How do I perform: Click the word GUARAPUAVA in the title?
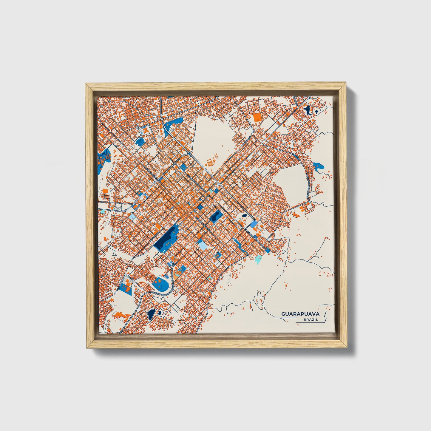300,314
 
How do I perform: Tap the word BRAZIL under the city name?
310,320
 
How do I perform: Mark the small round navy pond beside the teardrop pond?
160,313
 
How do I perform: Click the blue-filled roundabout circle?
189,153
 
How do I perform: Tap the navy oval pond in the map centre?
215,216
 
